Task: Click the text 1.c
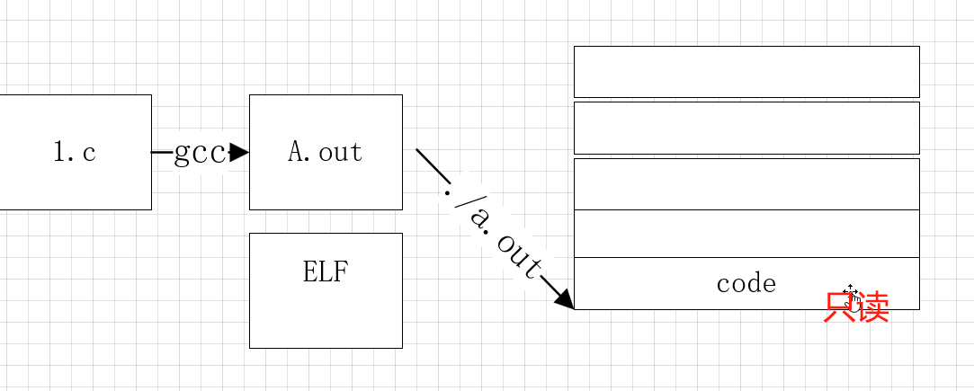click(75, 152)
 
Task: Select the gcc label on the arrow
click(199, 153)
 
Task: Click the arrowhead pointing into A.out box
click(239, 153)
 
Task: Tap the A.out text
click(325, 152)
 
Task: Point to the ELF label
click(325, 271)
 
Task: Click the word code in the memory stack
click(746, 284)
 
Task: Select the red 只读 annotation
click(856, 307)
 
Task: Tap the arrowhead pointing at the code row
click(564, 298)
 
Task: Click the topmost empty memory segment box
click(746, 71)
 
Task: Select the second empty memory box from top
click(746, 128)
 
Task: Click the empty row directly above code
click(746, 234)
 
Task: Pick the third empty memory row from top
click(746, 184)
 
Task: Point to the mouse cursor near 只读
click(851, 293)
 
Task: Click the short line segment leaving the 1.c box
click(161, 153)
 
